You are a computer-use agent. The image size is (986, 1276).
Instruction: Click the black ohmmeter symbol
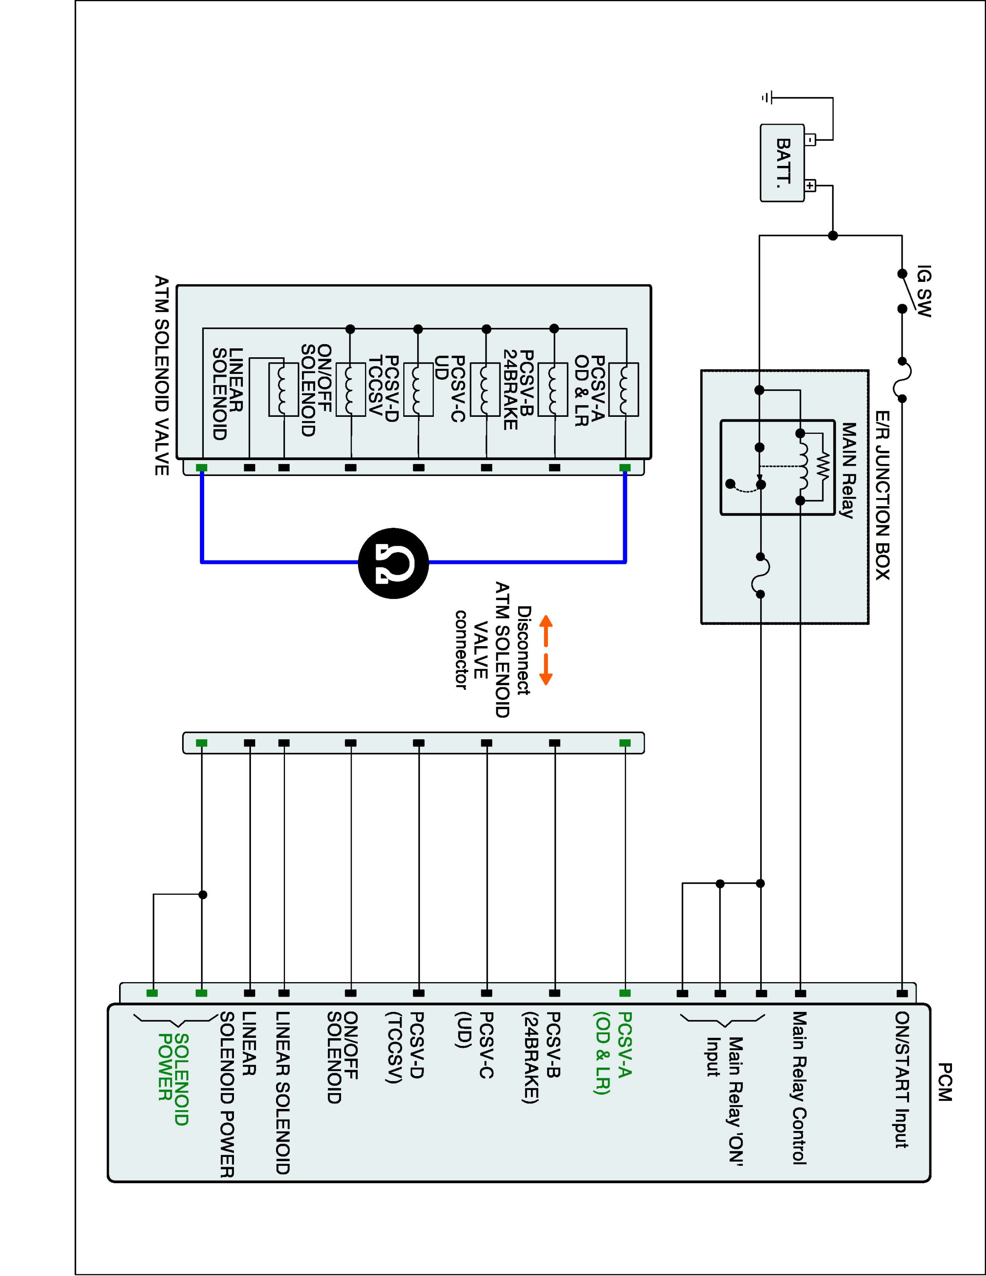tap(393, 563)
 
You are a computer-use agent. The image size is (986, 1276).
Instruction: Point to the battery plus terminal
tap(810, 186)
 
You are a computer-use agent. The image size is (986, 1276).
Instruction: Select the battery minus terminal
tap(810, 140)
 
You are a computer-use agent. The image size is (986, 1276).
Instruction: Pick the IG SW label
tap(923, 291)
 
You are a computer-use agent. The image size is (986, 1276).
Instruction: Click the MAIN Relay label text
tap(848, 470)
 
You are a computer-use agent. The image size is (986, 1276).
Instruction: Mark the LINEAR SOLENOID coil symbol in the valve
tap(284, 389)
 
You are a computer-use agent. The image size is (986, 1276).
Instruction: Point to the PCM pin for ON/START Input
tap(902, 993)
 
